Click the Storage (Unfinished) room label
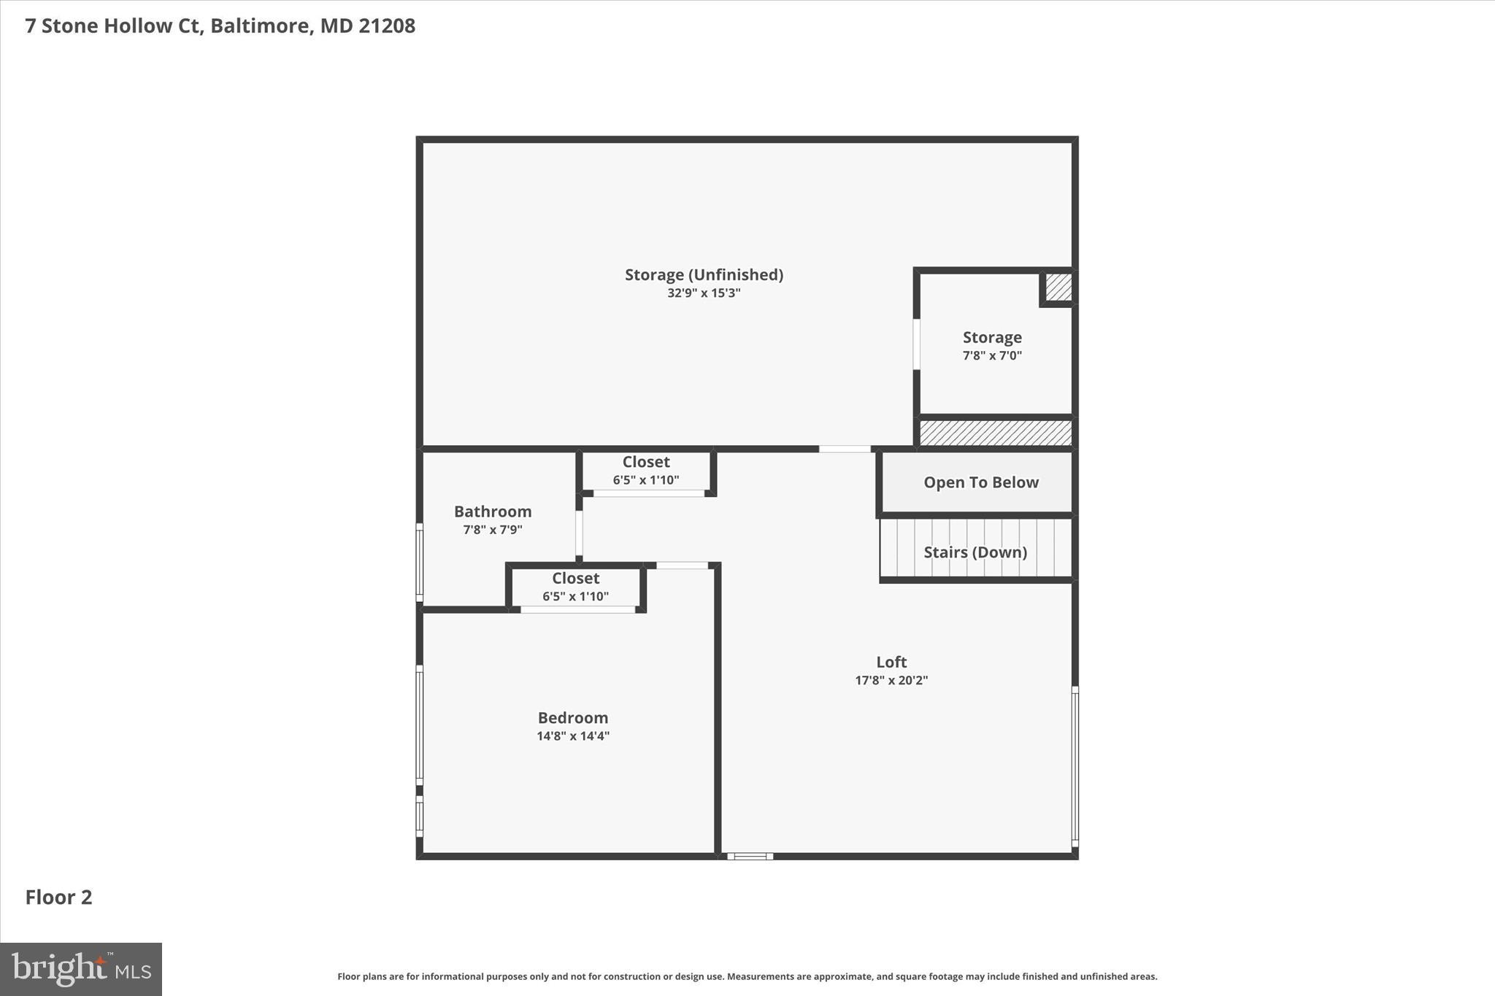pyautogui.click(x=704, y=274)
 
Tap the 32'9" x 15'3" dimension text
pyautogui.click(x=704, y=293)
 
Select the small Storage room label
pyautogui.click(x=992, y=337)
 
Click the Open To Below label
pyautogui.click(x=980, y=482)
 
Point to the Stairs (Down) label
pyautogui.click(x=975, y=552)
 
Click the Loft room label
pyautogui.click(x=891, y=662)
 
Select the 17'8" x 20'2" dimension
pyautogui.click(x=891, y=680)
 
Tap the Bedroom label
pyautogui.click(x=573, y=717)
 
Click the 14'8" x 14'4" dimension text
pyautogui.click(x=573, y=736)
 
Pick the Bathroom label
pyautogui.click(x=493, y=511)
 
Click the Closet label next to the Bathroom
pyautogui.click(x=646, y=462)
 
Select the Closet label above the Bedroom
pyautogui.click(x=575, y=578)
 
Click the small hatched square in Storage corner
pyautogui.click(x=1058, y=287)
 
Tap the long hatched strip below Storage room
pyautogui.click(x=995, y=433)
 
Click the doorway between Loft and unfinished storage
pyautogui.click(x=845, y=449)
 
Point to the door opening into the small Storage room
pyautogui.click(x=917, y=344)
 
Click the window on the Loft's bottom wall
pyautogui.click(x=750, y=856)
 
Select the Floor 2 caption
pyautogui.click(x=59, y=897)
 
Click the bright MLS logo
pyautogui.click(x=81, y=969)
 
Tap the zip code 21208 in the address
pyautogui.click(x=387, y=26)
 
